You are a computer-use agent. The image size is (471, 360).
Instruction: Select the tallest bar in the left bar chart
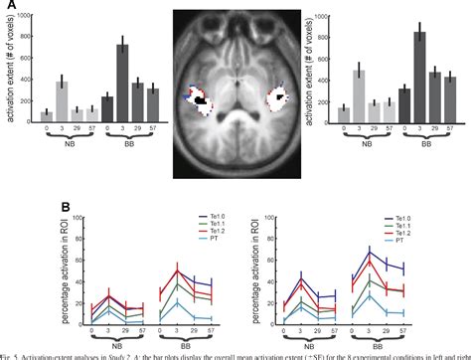coord(122,85)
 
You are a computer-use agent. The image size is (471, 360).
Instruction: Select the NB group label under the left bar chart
coord(99,153)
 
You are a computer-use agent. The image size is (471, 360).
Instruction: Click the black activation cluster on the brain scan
coord(202,100)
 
